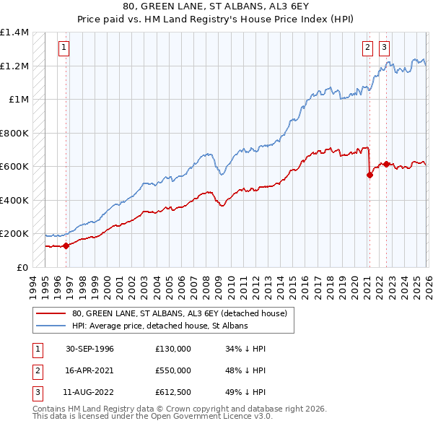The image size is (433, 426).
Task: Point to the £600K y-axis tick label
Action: click(x=14, y=167)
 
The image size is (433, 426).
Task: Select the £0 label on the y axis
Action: click(x=22, y=267)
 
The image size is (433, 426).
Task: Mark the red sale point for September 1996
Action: click(x=66, y=245)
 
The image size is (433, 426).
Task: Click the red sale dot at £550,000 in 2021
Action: click(x=369, y=175)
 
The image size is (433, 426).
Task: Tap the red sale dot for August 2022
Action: click(x=386, y=164)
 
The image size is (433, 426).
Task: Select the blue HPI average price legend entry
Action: click(x=159, y=326)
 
